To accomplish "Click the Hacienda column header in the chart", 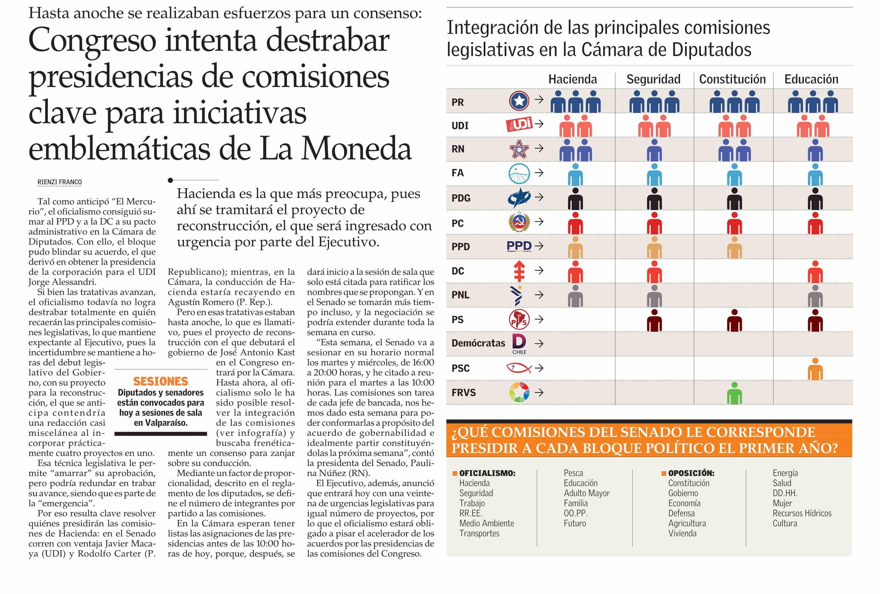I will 573,79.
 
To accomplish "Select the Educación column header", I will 811,79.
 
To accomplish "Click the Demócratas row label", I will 478,343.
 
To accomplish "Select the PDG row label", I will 461,198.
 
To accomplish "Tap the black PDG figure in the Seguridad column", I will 654,199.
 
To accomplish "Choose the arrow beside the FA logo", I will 539,173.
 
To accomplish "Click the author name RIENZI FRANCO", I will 59,182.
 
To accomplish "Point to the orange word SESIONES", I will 161,381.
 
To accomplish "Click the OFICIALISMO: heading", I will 487,473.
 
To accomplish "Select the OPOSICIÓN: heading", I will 691,473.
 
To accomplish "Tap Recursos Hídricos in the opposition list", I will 802,513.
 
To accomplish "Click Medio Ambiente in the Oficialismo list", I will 487,523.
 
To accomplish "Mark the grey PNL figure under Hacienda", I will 575,296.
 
